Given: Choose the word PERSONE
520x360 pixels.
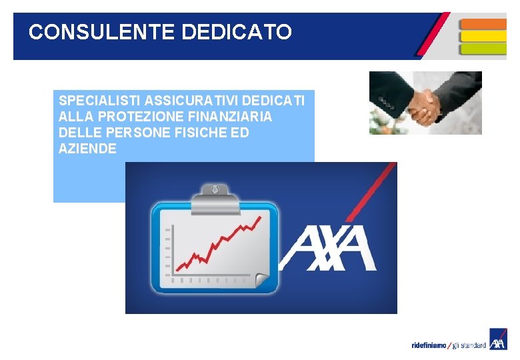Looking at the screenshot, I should coord(127,133).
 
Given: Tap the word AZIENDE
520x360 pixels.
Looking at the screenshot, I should coord(87,149).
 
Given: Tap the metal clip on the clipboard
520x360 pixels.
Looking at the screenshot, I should coord(214,194).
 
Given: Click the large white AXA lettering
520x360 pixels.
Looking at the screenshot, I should coord(328,247).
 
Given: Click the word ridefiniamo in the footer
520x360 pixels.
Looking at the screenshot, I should coord(429,345).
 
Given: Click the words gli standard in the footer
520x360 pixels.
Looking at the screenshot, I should coord(469,345).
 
